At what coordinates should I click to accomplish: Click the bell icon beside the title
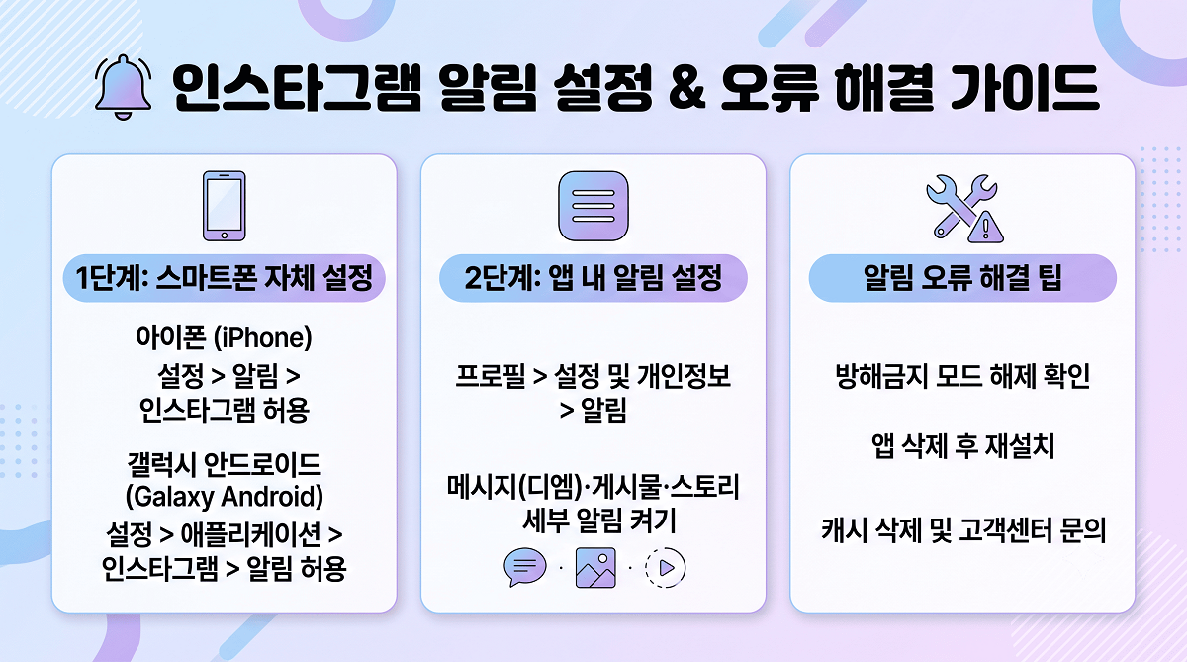123,87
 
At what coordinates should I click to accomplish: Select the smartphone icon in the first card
225,206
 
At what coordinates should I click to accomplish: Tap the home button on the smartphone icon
225,235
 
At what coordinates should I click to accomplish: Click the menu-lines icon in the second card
593,206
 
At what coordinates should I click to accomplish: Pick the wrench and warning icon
964,209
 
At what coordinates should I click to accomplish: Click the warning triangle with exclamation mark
985,228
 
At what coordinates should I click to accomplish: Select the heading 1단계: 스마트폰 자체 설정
225,278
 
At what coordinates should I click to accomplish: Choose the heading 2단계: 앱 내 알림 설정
593,278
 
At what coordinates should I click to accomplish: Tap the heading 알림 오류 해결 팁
962,278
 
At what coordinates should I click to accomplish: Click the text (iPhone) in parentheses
263,337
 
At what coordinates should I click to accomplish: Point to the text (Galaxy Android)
225,497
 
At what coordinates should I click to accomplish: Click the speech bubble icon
524,567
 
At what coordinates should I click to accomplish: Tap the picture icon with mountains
595,568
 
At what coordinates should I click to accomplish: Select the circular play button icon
665,568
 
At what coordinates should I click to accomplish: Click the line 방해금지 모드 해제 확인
962,376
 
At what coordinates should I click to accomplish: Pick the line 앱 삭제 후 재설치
962,445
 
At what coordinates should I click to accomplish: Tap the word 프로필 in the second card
491,376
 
